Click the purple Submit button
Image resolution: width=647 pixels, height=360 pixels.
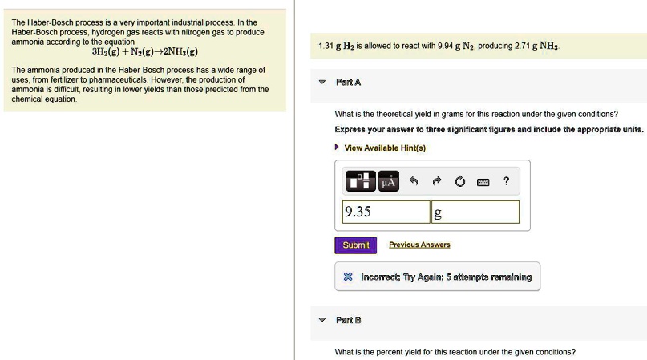tap(355, 245)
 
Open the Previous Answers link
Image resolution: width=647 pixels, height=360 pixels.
tap(419, 245)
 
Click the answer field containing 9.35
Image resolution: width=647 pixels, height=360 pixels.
tap(386, 212)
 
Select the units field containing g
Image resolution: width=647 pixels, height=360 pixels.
tap(475, 212)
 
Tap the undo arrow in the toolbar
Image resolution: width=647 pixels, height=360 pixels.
tap(414, 181)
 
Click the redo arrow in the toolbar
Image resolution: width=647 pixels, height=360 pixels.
tap(437, 181)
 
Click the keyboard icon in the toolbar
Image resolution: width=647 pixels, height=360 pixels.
tap(483, 182)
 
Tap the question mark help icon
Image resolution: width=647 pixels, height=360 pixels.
tap(506, 181)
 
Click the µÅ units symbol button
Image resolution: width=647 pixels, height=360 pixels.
tap(389, 181)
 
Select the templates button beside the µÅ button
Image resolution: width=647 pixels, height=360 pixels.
tap(361, 181)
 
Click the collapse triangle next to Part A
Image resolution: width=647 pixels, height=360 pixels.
tap(322, 82)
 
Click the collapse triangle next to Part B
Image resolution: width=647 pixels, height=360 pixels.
tap(322, 320)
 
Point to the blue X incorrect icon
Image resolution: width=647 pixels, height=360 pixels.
tap(348, 277)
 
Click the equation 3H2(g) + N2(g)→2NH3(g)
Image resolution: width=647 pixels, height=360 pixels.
tap(145, 51)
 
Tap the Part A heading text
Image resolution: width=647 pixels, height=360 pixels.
tap(348, 82)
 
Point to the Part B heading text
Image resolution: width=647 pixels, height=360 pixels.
tap(348, 320)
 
